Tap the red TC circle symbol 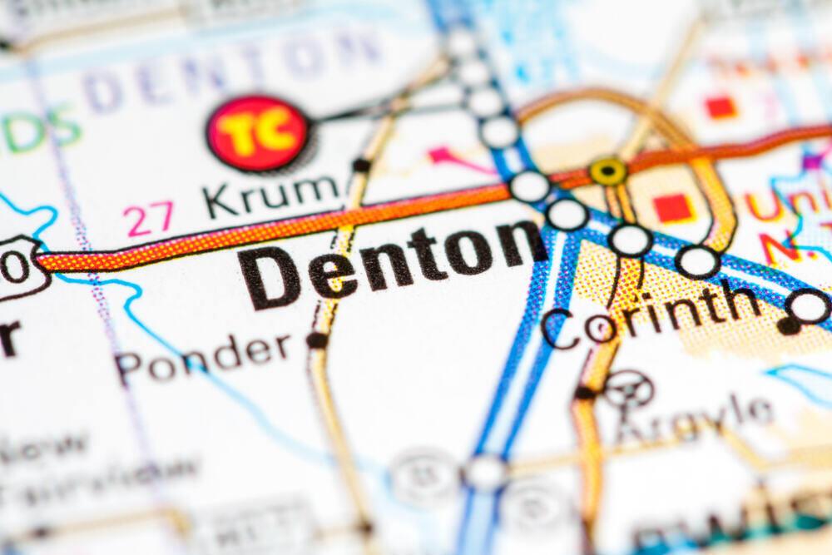coord(257,133)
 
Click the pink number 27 coord(149,219)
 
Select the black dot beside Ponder coord(316,339)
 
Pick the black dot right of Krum coord(360,166)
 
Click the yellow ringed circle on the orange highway coord(608,171)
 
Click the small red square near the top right coord(721,107)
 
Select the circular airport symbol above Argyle coord(629,389)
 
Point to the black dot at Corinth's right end coord(788,325)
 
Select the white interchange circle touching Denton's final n coord(567,215)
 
